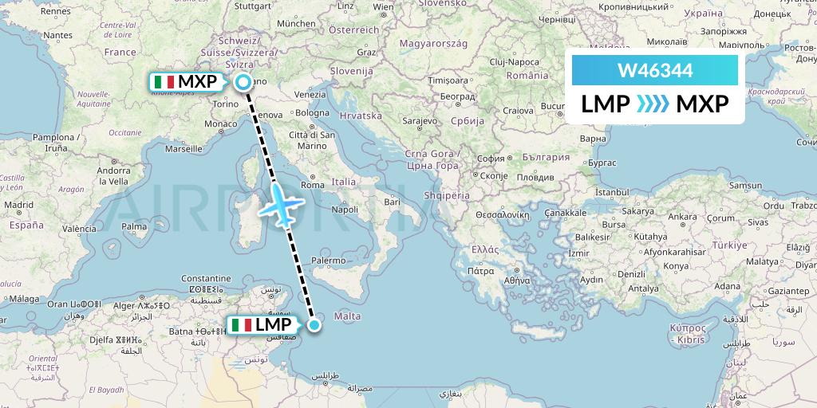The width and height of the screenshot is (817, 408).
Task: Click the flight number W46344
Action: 655,70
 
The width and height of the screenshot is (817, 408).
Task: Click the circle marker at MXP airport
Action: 241,81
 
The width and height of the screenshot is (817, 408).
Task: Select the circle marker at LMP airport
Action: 315,324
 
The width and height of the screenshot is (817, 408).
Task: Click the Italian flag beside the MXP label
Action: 164,81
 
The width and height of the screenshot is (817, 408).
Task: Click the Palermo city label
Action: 329,261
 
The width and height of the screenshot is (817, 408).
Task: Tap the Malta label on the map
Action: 347,316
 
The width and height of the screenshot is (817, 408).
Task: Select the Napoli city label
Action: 345,210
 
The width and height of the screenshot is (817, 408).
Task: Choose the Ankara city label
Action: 682,216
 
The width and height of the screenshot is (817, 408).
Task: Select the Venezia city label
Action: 310,94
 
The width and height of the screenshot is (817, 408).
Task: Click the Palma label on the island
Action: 135,226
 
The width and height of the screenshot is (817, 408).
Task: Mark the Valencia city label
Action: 79,229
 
